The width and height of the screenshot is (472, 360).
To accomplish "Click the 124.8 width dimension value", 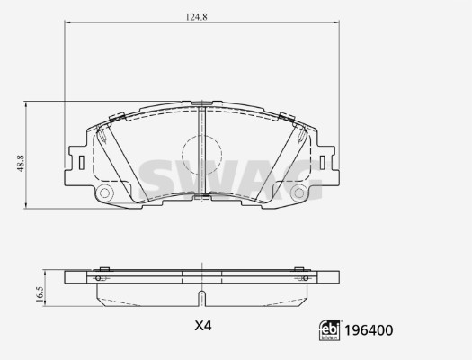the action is click(x=196, y=17).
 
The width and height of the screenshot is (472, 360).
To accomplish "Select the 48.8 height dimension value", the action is click(x=21, y=163).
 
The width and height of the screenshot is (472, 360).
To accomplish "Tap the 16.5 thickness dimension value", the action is click(x=40, y=294).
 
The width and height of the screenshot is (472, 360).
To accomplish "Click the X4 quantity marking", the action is click(x=203, y=326).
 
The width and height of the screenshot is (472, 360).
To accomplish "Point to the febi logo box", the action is click(x=330, y=330).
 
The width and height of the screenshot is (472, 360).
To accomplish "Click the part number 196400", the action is click(x=369, y=330).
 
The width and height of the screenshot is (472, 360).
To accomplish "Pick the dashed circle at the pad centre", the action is click(x=201, y=155).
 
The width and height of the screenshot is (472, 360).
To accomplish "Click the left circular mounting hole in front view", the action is click(x=105, y=193).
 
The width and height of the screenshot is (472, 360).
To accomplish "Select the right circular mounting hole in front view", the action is click(x=298, y=193).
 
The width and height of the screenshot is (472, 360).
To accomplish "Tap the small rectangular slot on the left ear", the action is click(x=81, y=163).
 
